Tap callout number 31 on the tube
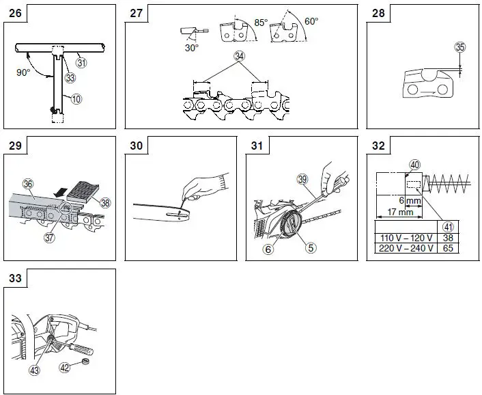coord(81,62)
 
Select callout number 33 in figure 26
coord(69,77)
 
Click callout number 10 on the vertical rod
coord(76,98)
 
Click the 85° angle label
coord(261,23)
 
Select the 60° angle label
coord(311,21)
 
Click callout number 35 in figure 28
coord(460,47)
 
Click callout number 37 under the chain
coord(49,237)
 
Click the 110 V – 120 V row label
coord(406,239)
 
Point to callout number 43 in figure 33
coord(33,370)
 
